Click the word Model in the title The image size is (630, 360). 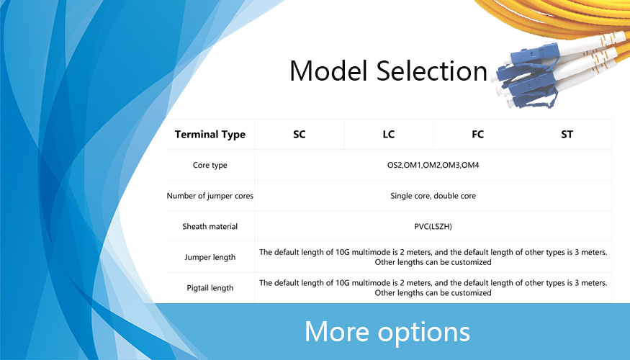pyautogui.click(x=328, y=71)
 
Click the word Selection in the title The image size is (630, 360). pyautogui.click(x=432, y=71)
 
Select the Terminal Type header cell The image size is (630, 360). pyautogui.click(x=210, y=135)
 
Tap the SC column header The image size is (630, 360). pyautogui.click(x=300, y=135)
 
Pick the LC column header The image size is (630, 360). pyautogui.click(x=389, y=135)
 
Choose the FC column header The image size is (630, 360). pyautogui.click(x=478, y=135)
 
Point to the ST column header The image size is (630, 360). pyautogui.click(x=567, y=135)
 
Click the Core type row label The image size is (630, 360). pyautogui.click(x=210, y=165)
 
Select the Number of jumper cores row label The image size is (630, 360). pyautogui.click(x=210, y=196)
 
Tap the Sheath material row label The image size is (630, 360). pyautogui.click(x=210, y=227)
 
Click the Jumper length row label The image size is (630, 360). pyautogui.click(x=210, y=257)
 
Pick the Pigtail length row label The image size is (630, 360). pyautogui.click(x=210, y=288)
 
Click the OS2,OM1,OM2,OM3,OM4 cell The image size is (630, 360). pyautogui.click(x=433, y=165)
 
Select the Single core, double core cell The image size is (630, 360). pyautogui.click(x=433, y=196)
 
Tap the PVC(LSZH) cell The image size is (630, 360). pyautogui.click(x=433, y=227)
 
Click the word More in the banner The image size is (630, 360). pyautogui.click(x=337, y=332)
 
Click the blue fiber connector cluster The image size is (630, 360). pyautogui.click(x=526, y=76)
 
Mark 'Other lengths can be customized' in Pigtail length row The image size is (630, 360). pyautogui.click(x=433, y=293)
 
